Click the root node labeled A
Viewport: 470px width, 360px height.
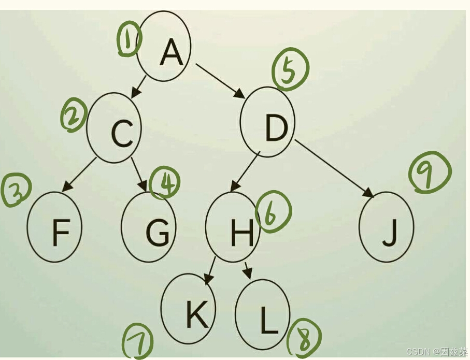164,47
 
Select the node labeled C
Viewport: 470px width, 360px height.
115,128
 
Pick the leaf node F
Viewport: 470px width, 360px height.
55,227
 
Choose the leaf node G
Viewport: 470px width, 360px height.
149,227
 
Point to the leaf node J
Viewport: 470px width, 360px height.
386,227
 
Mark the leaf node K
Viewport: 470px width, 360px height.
188,309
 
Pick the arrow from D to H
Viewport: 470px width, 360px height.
245,171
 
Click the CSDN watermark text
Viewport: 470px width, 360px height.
437,352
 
